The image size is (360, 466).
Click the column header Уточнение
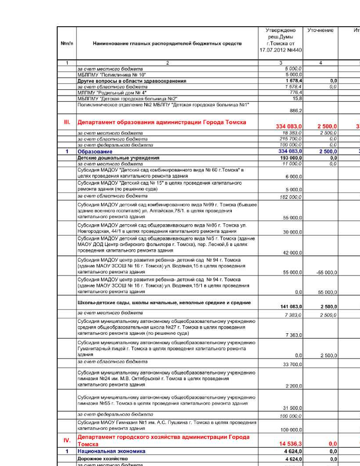[320, 30]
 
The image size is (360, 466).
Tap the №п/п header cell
[67, 43]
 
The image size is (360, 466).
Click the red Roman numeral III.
[67, 122]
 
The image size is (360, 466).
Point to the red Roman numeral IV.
[67, 440]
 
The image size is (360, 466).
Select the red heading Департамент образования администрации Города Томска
[162, 122]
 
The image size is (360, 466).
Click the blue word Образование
[95, 152]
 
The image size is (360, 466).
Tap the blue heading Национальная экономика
[111, 451]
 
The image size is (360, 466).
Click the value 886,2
[296, 111]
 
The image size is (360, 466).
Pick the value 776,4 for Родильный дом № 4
[296, 93]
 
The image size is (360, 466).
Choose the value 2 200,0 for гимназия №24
[294, 386]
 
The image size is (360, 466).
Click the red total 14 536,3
[290, 444]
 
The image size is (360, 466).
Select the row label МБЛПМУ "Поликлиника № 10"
[112, 75]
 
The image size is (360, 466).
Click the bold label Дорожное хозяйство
[102, 459]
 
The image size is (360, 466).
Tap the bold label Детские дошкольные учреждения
[118, 158]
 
